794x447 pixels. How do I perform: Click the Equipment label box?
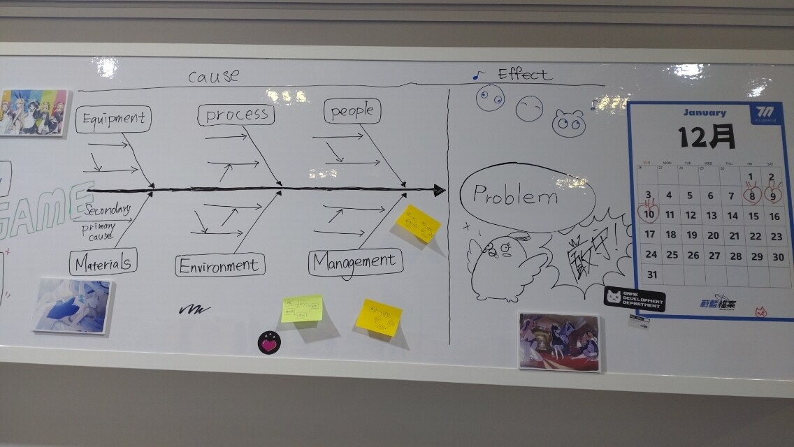[x=113, y=119]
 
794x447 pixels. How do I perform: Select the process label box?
[x=236, y=115]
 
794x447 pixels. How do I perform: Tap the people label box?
[x=352, y=111]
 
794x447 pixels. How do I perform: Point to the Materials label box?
[x=103, y=263]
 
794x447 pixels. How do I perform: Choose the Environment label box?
[x=219, y=265]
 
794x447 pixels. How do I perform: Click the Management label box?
[x=355, y=262]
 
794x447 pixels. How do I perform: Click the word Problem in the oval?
[x=516, y=196]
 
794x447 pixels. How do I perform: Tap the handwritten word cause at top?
[x=213, y=76]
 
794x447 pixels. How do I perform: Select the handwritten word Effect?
[x=524, y=74]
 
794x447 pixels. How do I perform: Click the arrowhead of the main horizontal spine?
[x=439, y=190]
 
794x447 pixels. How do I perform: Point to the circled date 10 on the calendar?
[x=649, y=214]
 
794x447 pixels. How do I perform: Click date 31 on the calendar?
[x=651, y=274]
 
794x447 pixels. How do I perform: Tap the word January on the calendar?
[x=705, y=112]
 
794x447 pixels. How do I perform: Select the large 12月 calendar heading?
[x=707, y=136]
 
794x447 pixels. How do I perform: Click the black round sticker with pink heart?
[x=269, y=342]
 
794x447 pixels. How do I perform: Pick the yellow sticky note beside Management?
[x=418, y=224]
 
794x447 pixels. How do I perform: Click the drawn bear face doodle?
[x=568, y=124]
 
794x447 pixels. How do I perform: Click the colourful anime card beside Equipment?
[x=33, y=112]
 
